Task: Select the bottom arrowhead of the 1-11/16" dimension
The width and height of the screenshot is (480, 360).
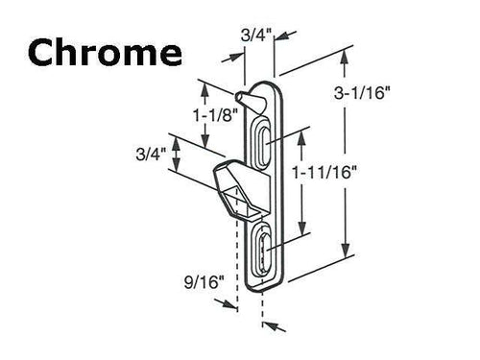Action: click(304, 234)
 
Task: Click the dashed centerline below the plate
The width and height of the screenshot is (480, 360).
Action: click(261, 307)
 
